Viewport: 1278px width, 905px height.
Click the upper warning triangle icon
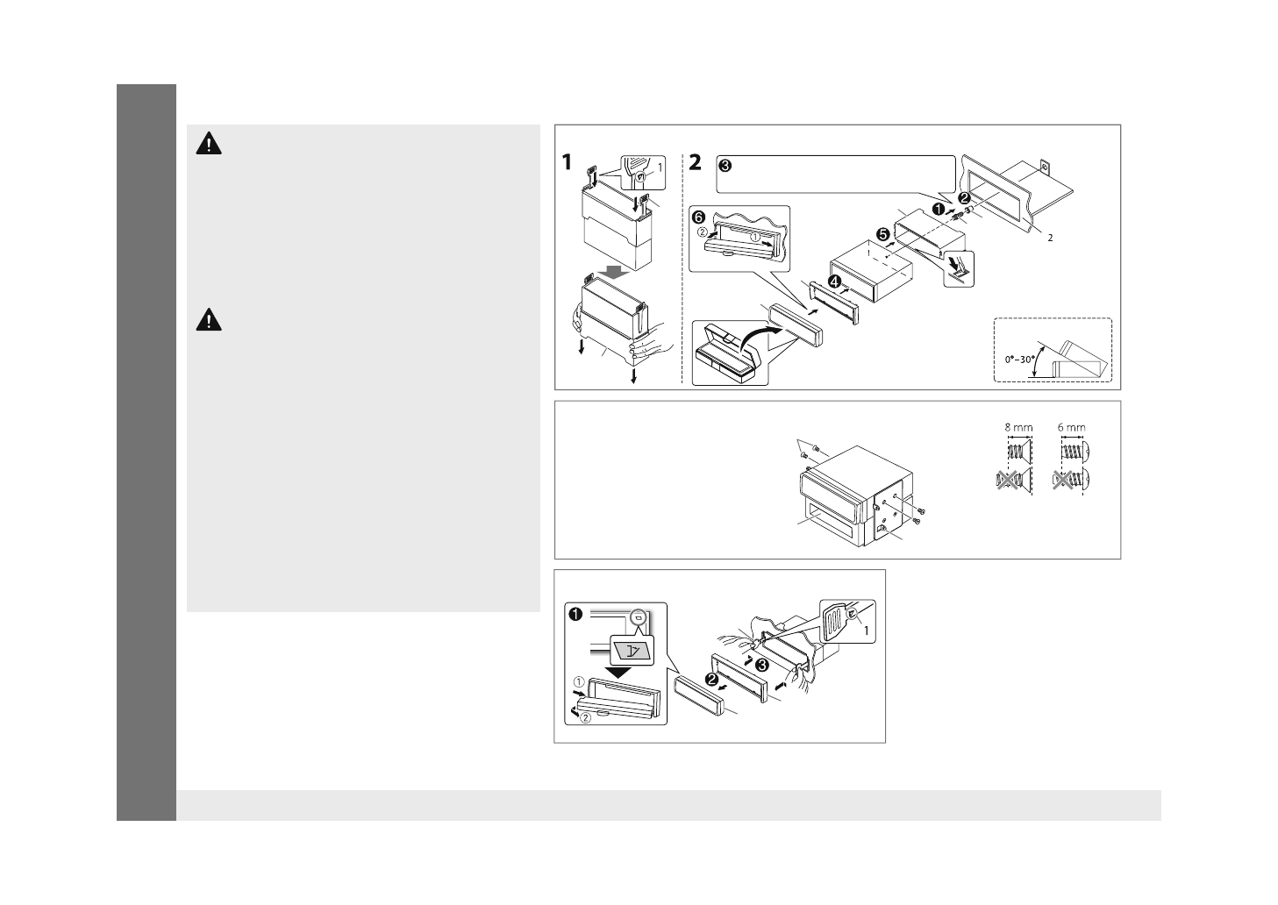click(209, 145)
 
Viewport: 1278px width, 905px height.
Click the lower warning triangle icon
click(209, 320)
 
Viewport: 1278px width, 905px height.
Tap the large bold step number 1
click(567, 163)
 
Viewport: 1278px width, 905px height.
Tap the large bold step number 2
click(695, 163)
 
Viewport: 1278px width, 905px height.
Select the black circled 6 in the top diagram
click(699, 217)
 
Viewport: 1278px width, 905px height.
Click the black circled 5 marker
click(882, 234)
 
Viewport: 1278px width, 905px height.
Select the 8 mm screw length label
click(1018, 428)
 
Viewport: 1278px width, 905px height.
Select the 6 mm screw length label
click(1071, 428)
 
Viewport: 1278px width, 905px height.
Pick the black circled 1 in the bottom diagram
click(576, 614)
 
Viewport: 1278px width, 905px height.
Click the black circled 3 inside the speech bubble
click(725, 165)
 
